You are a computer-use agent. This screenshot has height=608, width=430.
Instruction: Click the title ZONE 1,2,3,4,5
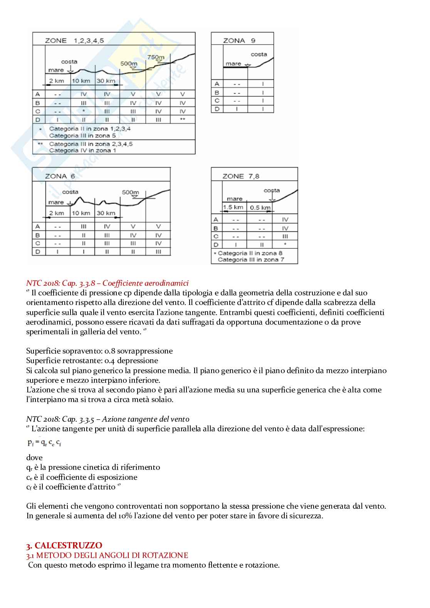click(74, 40)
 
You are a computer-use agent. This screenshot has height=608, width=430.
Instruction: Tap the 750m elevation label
click(156, 57)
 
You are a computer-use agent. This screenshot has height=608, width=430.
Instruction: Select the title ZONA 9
click(239, 40)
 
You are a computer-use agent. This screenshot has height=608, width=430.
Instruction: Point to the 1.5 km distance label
click(233, 207)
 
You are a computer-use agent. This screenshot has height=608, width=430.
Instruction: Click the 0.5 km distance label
click(260, 208)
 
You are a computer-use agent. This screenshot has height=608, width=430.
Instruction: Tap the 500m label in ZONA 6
click(130, 192)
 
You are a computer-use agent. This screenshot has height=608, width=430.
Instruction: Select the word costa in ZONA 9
click(259, 54)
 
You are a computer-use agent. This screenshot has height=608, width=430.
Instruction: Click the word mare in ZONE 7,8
click(235, 199)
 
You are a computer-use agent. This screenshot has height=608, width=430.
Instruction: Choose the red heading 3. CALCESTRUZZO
click(64, 545)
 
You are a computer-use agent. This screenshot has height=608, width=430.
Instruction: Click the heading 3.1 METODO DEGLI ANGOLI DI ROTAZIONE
click(107, 555)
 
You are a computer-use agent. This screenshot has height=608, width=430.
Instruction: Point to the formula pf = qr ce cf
click(44, 443)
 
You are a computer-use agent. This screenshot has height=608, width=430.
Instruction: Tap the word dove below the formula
click(34, 457)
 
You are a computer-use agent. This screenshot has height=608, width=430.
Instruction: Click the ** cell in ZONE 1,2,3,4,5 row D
click(183, 120)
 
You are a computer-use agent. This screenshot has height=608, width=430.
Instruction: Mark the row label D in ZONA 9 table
click(217, 109)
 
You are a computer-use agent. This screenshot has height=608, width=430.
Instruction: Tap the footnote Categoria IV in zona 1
click(82, 151)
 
